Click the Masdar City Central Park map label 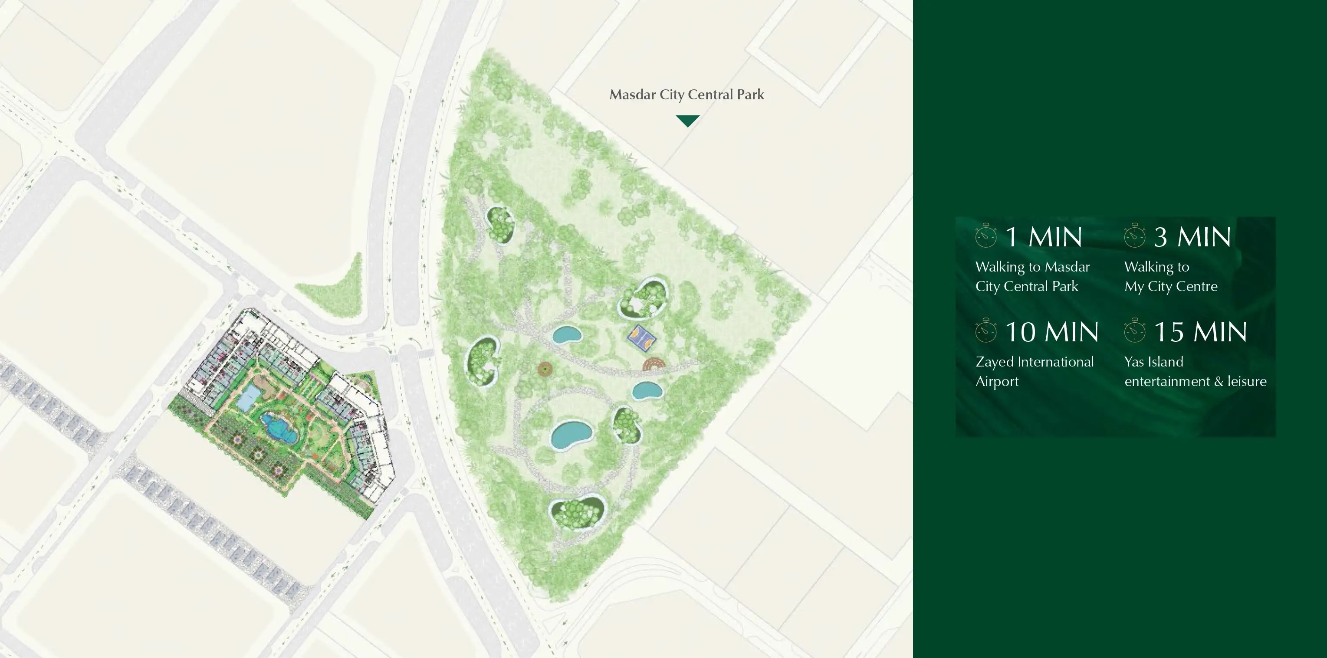coord(686,95)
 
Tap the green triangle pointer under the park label coord(687,121)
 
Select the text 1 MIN coord(1043,237)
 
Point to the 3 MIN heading coord(1192,237)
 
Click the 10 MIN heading coord(1051,332)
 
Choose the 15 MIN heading coord(1200,332)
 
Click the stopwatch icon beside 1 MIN coord(986,236)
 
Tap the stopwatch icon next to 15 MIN coord(1135,331)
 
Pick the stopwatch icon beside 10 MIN coord(986,331)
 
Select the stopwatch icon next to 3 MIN coord(1135,236)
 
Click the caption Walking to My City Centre coord(1170,276)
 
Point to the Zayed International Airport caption coord(1034,371)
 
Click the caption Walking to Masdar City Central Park coord(1032,276)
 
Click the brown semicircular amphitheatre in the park coord(654,364)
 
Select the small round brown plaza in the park coord(545,369)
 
